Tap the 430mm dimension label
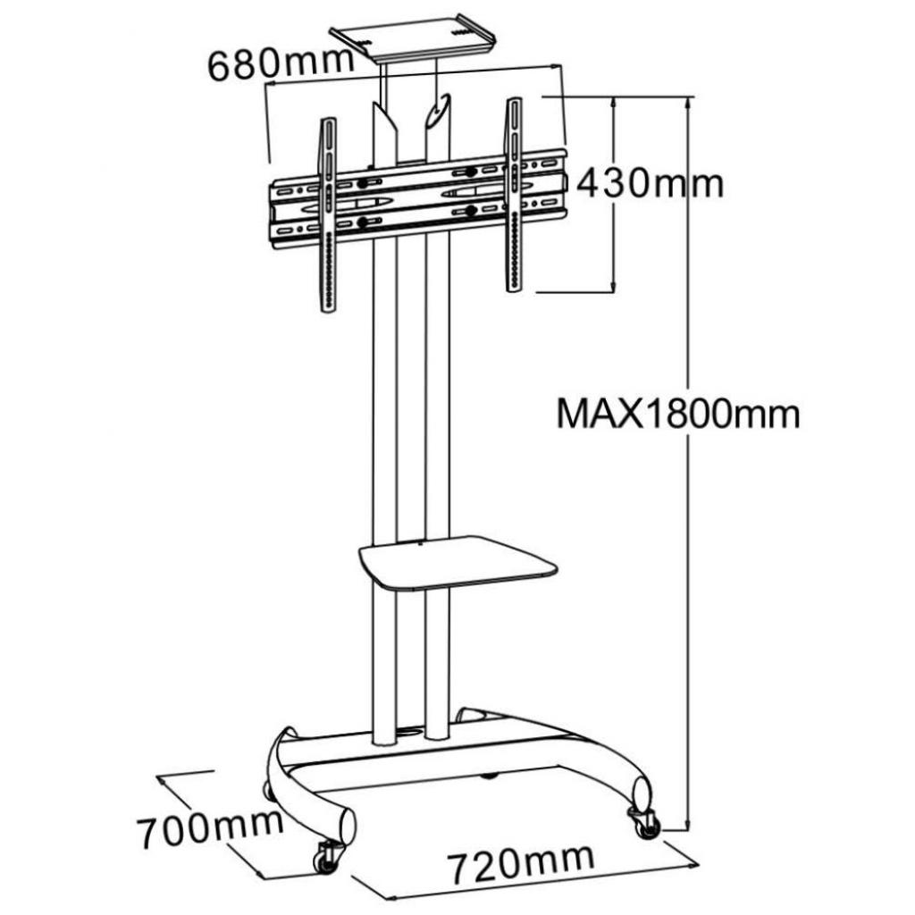click(x=650, y=183)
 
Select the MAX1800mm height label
click(x=678, y=414)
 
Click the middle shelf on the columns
click(x=457, y=562)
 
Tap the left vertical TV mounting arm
click(x=328, y=214)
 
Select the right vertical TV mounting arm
click(x=514, y=194)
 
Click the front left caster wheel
click(x=326, y=859)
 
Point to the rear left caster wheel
click(x=266, y=790)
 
